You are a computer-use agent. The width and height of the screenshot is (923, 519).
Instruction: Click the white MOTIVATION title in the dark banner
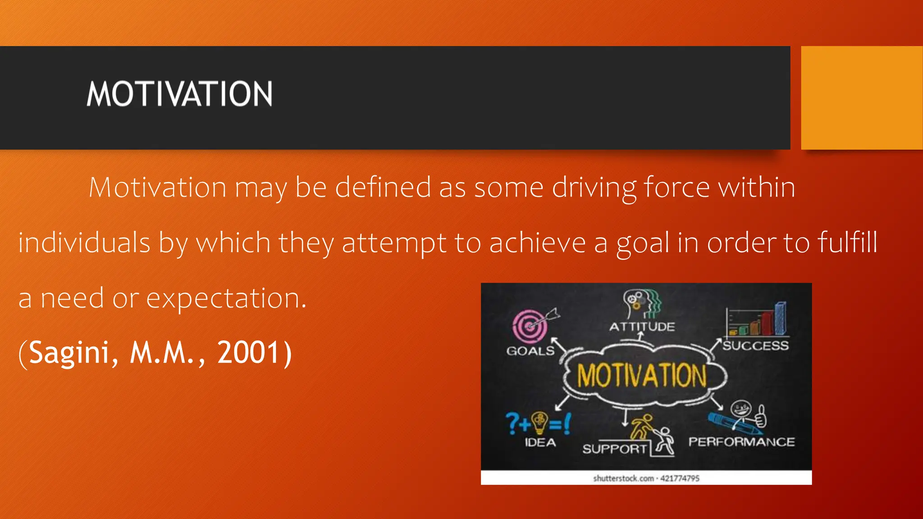click(x=179, y=94)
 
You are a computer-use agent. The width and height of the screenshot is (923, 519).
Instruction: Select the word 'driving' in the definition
click(x=594, y=187)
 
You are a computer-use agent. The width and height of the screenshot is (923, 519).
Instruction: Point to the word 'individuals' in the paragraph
click(x=84, y=242)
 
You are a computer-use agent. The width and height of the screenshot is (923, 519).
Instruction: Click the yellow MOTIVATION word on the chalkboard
click(x=642, y=375)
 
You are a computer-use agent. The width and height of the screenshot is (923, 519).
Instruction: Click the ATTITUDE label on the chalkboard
click(x=642, y=327)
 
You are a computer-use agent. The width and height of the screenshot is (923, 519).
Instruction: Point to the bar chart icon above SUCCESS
click(x=758, y=320)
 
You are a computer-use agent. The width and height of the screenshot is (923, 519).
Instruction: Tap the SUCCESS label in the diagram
click(x=756, y=346)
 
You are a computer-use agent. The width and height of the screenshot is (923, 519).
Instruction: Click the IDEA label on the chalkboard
click(x=540, y=442)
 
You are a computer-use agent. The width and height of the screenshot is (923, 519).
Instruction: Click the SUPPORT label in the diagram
click(x=614, y=449)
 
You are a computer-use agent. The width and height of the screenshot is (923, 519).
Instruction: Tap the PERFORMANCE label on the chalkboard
click(x=741, y=442)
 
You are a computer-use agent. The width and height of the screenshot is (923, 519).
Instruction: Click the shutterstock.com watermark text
click(x=646, y=478)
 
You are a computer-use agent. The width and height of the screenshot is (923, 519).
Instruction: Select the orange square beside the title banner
click(x=862, y=98)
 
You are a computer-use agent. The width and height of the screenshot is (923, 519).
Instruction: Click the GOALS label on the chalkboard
click(x=530, y=351)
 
